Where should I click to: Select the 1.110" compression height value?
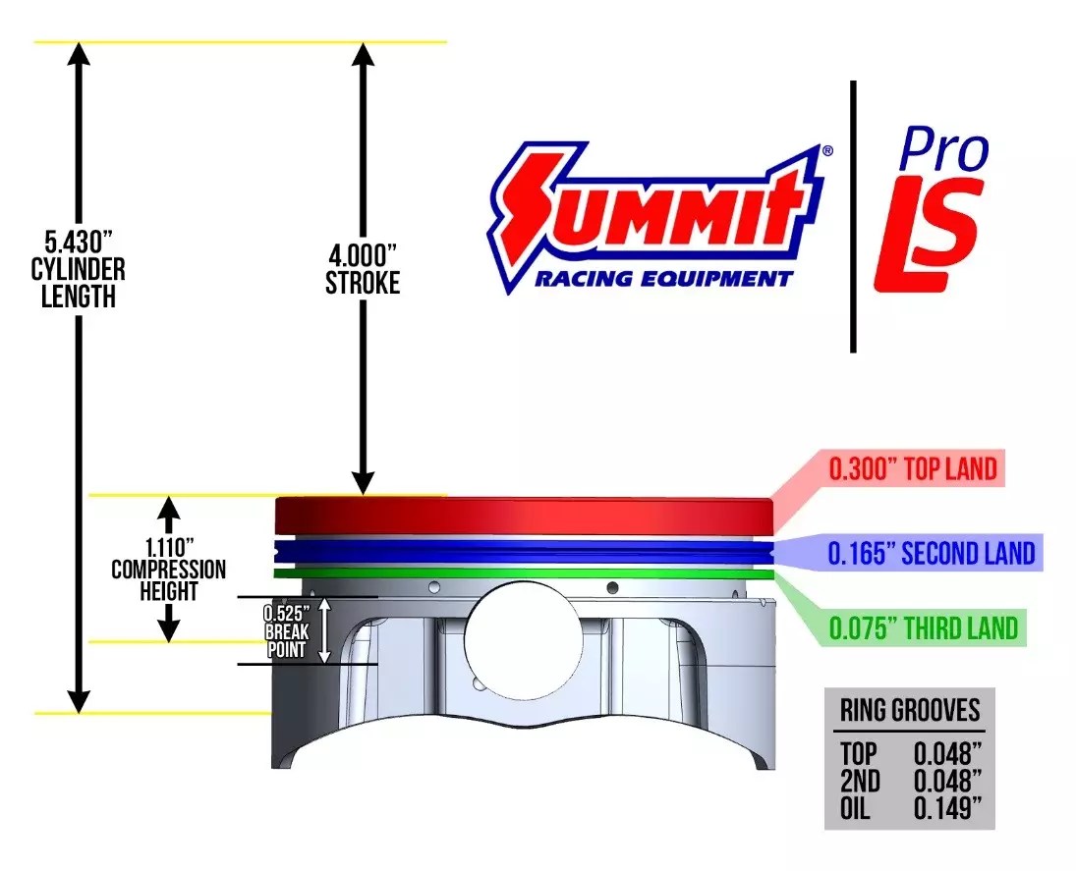tap(168, 546)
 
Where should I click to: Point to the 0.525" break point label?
tap(287, 614)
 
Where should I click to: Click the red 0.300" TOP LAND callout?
tap(913, 470)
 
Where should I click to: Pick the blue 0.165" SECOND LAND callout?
tap(931, 554)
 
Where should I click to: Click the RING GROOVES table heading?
tap(909, 709)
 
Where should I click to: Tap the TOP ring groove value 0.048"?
tap(947, 755)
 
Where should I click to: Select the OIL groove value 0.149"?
tap(947, 811)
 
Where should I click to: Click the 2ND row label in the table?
tap(862, 783)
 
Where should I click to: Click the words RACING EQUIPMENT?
tap(662, 279)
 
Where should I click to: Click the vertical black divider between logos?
tap(853, 216)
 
